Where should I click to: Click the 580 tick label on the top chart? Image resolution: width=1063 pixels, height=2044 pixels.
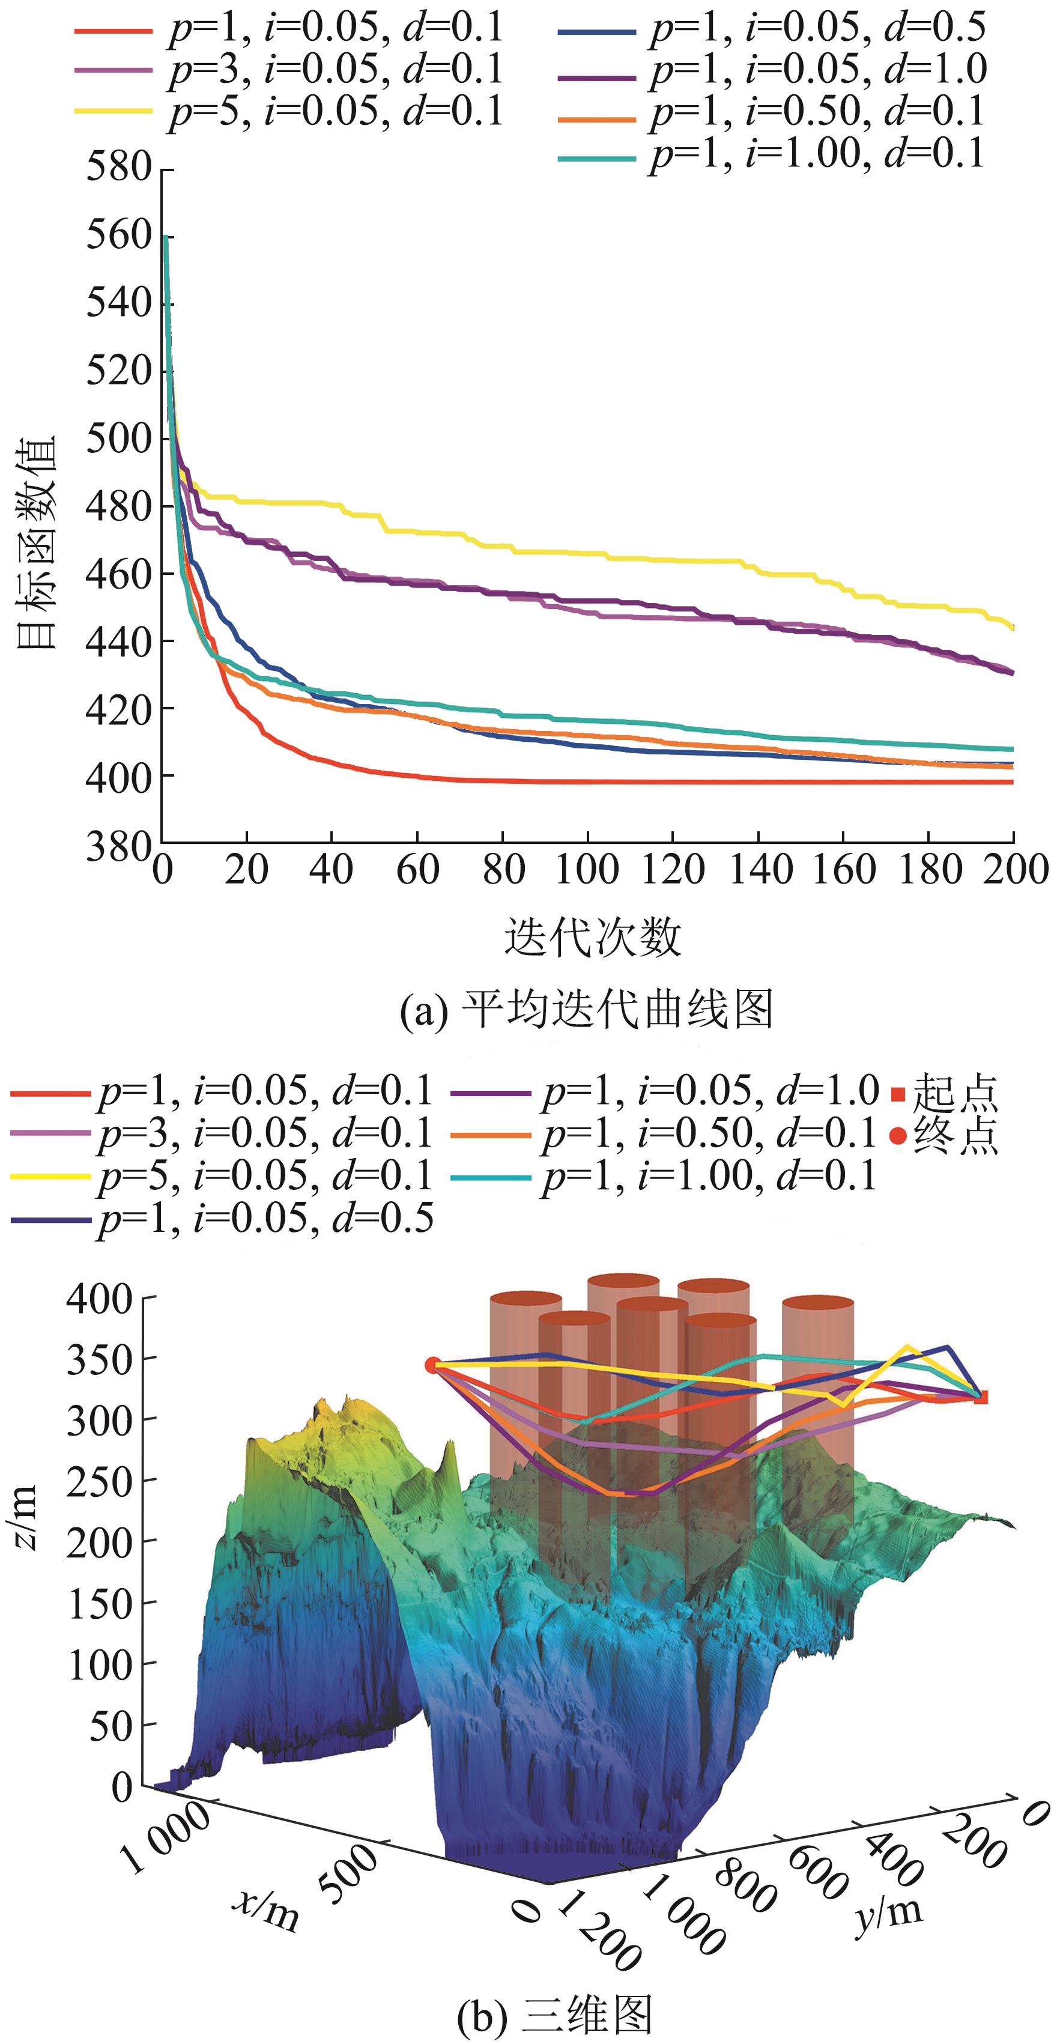(x=118, y=168)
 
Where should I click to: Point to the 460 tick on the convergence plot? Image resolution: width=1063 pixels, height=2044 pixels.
(x=118, y=574)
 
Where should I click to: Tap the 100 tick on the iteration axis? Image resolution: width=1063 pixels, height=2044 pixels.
(x=587, y=870)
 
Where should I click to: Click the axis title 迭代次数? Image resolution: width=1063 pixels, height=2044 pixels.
(x=593, y=938)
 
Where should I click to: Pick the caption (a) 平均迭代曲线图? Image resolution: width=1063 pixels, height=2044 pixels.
(x=586, y=1009)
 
